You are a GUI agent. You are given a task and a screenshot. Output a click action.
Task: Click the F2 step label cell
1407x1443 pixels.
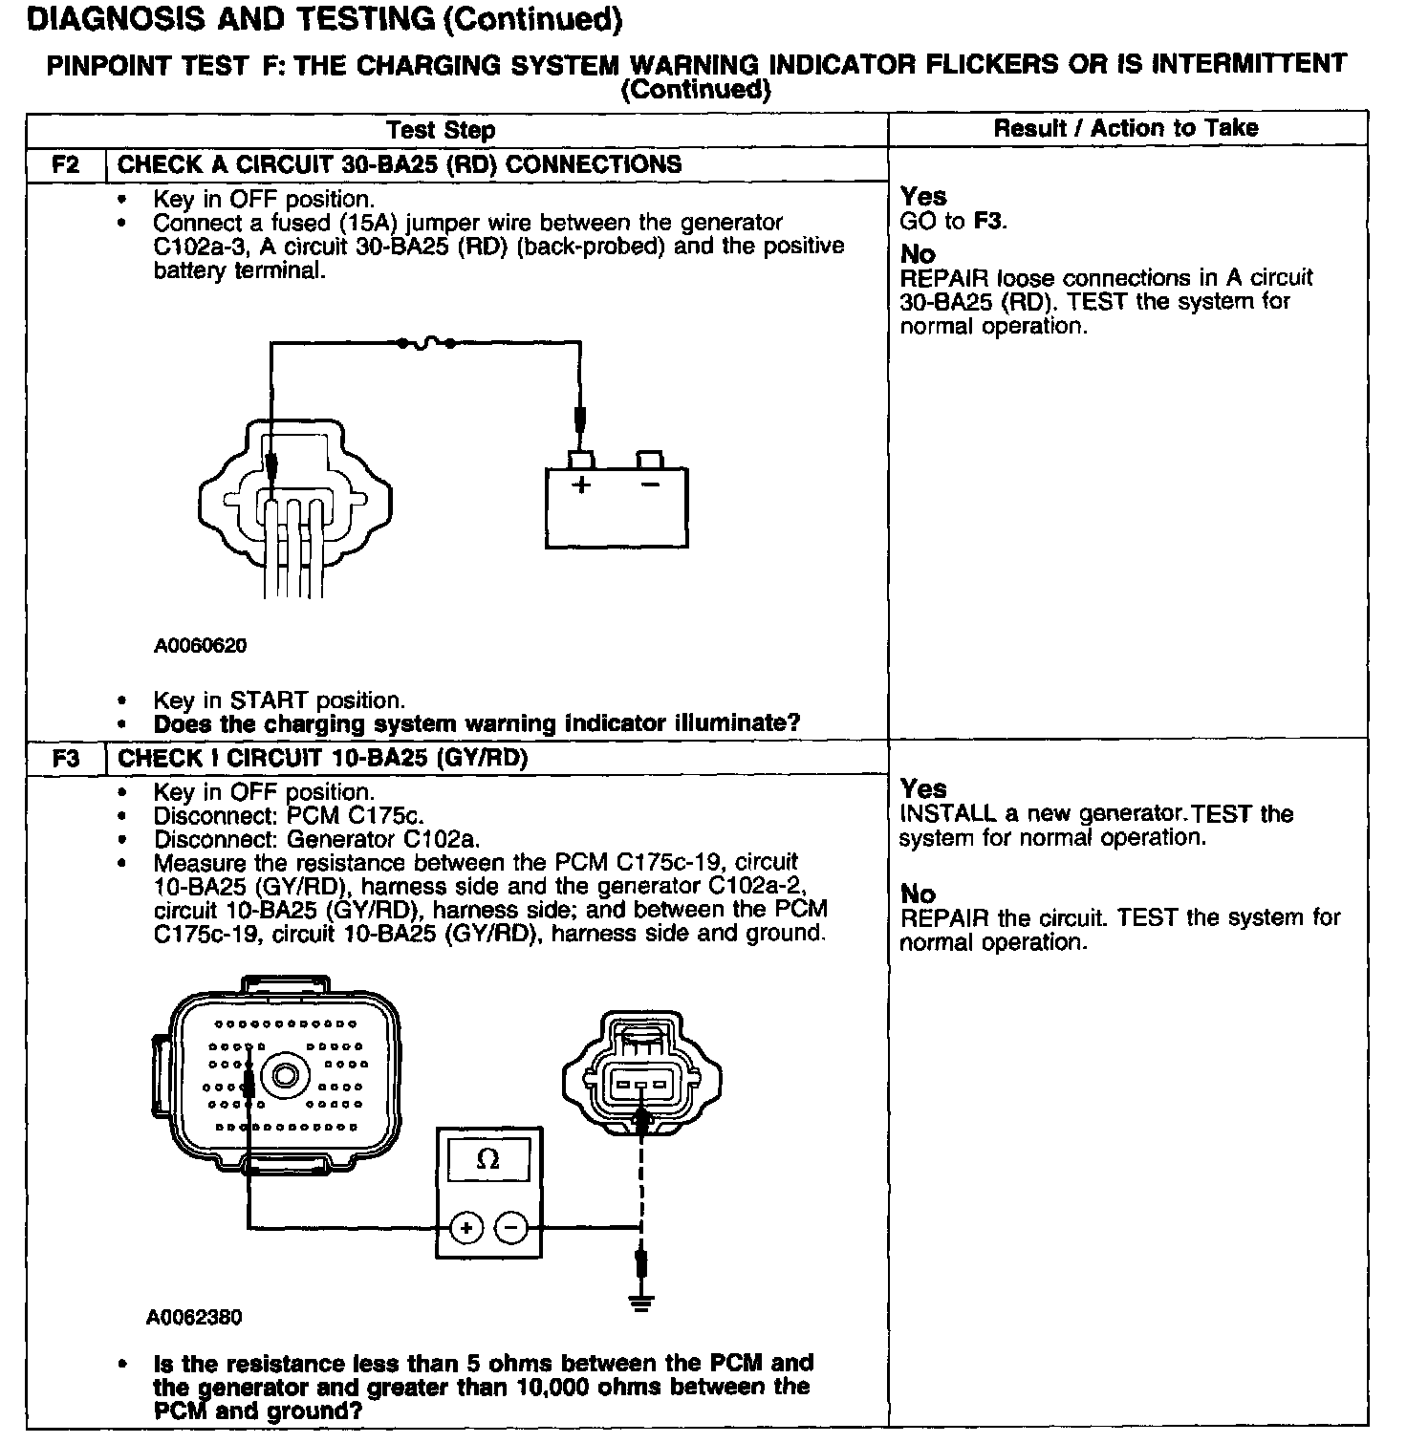[65, 164]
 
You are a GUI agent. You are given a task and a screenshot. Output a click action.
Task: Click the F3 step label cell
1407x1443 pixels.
[65, 759]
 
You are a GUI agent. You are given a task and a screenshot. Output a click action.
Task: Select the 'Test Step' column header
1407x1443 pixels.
[441, 130]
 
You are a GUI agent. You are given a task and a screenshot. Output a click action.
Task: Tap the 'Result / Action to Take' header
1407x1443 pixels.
[1126, 128]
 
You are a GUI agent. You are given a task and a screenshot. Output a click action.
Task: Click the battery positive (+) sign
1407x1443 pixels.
[580, 485]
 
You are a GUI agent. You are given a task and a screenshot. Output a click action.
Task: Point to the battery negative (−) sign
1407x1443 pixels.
[650, 485]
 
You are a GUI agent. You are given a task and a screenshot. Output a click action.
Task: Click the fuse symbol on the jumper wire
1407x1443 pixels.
[426, 342]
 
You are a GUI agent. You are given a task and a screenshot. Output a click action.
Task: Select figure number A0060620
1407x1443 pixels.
[201, 646]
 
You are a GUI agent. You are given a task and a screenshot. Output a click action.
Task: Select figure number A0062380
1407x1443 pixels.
[194, 1318]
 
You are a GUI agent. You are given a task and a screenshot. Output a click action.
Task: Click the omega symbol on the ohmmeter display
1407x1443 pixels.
[487, 1160]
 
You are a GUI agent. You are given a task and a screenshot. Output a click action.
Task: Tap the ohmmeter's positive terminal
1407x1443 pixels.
[465, 1227]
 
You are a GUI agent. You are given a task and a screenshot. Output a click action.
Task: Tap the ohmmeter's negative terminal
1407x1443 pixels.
[512, 1227]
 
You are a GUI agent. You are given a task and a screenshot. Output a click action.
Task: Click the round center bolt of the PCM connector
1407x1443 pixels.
[286, 1075]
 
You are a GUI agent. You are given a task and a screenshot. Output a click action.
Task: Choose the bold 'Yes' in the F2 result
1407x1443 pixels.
[923, 197]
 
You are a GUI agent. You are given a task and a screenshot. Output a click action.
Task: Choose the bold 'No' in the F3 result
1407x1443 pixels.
[918, 894]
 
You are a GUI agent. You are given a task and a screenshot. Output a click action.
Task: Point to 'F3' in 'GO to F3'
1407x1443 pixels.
[988, 222]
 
